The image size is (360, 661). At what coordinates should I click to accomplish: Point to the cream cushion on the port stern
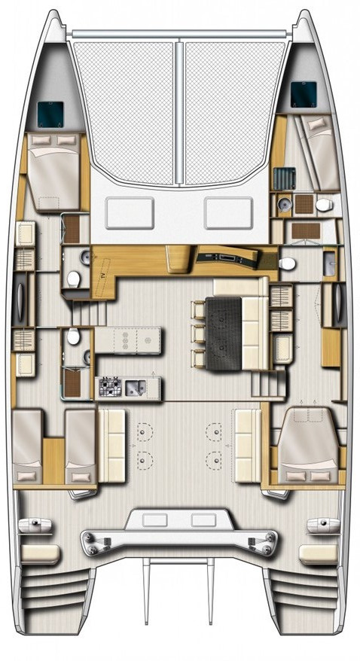coord(41,554)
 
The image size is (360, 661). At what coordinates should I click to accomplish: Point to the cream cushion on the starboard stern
coord(318,554)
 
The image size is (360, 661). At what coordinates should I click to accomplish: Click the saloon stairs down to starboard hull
coord(264,383)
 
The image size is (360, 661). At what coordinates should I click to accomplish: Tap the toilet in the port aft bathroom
coord(73,337)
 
